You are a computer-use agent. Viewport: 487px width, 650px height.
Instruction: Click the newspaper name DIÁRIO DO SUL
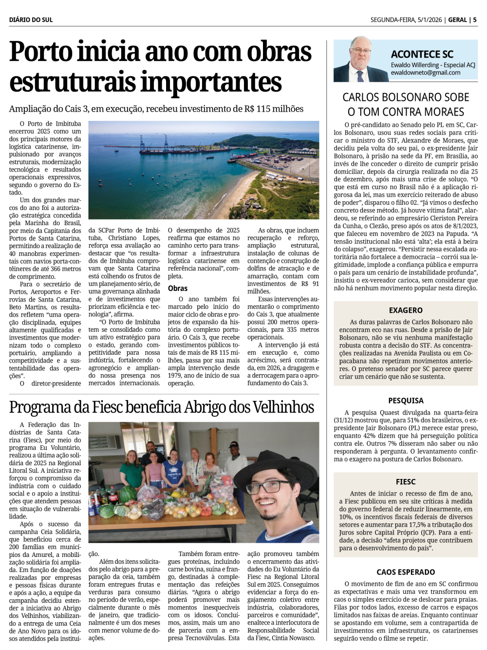point(31,20)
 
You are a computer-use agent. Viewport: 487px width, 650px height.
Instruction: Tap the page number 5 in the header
point(475,20)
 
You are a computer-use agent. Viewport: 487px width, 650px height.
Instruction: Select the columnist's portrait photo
point(360,59)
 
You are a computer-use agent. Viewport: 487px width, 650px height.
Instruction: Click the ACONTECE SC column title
point(422,54)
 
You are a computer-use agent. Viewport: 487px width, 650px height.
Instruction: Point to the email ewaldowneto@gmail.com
point(425,73)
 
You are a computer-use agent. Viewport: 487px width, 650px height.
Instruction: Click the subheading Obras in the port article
point(178,288)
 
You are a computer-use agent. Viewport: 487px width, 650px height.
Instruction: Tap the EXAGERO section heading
point(406,310)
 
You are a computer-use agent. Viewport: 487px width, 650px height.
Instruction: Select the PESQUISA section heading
point(406,401)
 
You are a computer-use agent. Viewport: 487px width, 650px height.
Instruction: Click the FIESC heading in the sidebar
point(406,481)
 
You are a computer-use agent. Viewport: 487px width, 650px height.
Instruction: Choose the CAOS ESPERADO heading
point(406,572)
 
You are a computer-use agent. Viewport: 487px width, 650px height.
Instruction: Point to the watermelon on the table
point(127,495)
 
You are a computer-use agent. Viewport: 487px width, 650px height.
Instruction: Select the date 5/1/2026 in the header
point(429,20)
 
